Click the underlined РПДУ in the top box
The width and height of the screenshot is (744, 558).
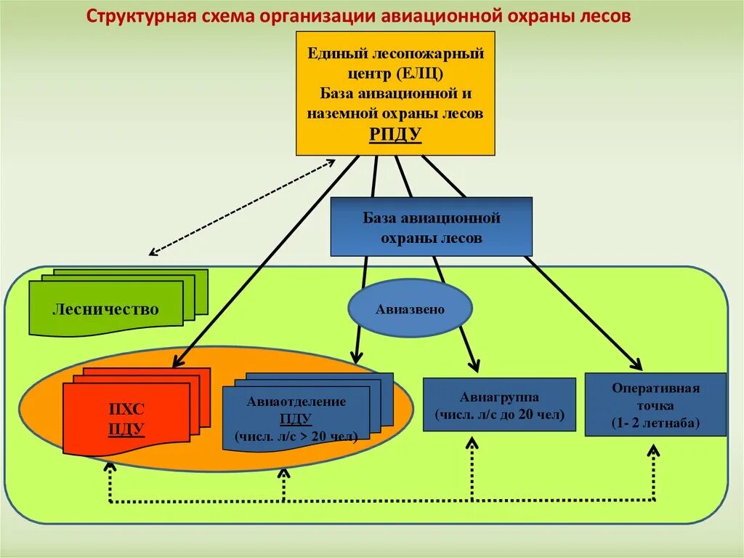coord(395,134)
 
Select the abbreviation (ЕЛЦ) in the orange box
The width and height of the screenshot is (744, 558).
coord(420,73)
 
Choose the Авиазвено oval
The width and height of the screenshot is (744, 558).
coord(410,309)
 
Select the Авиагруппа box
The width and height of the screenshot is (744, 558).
coord(499,406)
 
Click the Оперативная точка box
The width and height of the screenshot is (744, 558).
coord(655,404)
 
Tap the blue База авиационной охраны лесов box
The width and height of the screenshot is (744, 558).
coord(432,227)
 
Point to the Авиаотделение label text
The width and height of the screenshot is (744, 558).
coord(296,402)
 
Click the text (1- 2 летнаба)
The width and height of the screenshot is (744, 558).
coord(655,423)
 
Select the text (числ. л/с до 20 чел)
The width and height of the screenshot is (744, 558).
coord(499,415)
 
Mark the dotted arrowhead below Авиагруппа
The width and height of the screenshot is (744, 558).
coord(472,442)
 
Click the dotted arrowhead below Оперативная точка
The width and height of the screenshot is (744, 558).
coord(653,451)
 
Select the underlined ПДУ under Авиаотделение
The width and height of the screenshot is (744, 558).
coord(296,419)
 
